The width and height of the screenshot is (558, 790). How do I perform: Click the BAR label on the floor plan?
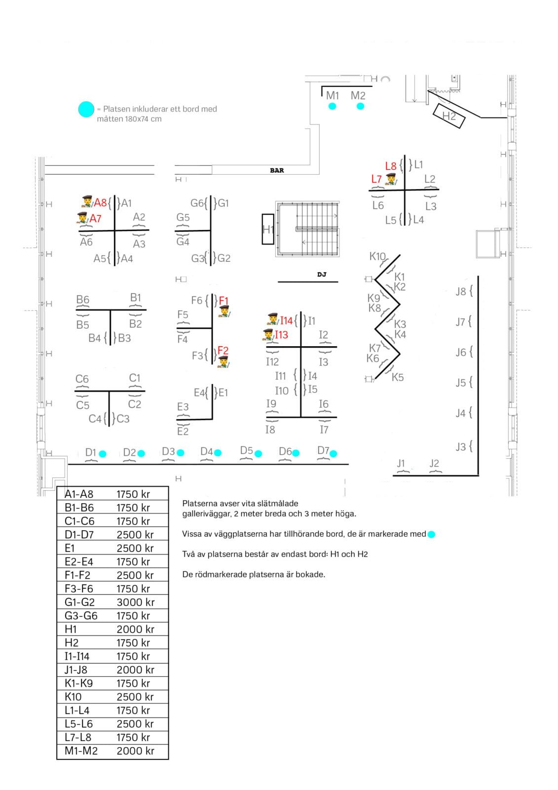(x=277, y=170)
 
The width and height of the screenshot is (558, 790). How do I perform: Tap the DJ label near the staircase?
(x=322, y=274)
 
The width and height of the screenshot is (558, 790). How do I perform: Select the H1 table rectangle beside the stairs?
(x=268, y=229)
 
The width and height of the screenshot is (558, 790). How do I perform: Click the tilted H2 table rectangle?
(x=449, y=116)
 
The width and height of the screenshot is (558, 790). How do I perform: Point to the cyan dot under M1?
(x=332, y=106)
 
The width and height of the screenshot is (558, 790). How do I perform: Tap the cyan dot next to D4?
(x=218, y=453)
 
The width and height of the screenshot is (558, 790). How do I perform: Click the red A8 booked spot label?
(x=100, y=203)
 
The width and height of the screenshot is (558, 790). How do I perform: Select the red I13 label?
(x=281, y=334)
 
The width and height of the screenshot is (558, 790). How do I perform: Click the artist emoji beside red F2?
(x=223, y=362)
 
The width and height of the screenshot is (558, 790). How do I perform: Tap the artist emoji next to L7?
(x=391, y=179)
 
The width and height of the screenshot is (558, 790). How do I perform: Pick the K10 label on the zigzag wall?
(x=377, y=256)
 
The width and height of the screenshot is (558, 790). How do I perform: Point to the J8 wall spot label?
(x=461, y=291)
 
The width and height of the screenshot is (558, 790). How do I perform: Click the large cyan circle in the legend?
(x=86, y=109)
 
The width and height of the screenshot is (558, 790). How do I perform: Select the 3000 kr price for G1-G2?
(x=135, y=602)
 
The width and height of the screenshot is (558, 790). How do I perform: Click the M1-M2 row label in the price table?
(x=81, y=751)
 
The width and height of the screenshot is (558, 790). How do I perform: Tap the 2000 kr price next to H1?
(x=135, y=629)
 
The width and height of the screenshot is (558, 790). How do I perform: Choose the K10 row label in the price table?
(x=73, y=697)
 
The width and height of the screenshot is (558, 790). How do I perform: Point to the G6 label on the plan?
(x=197, y=203)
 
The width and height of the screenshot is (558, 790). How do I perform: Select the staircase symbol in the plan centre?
(x=307, y=229)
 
